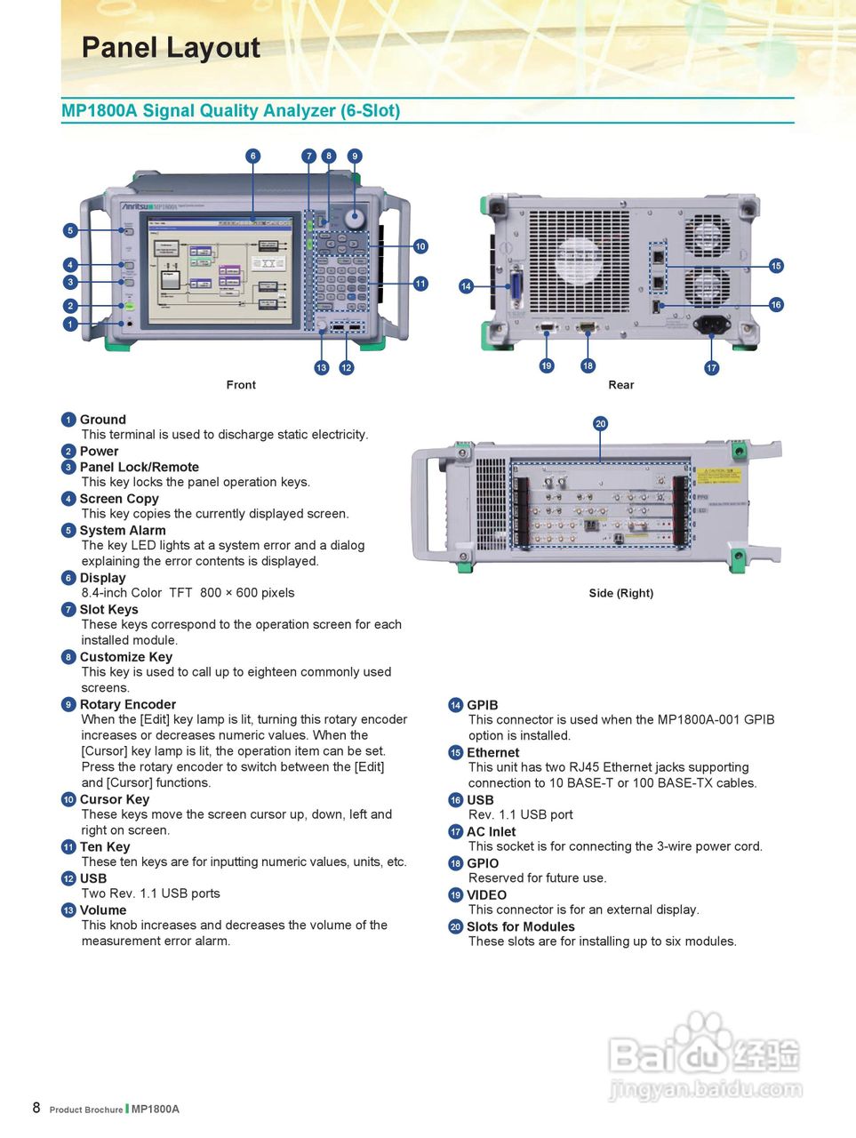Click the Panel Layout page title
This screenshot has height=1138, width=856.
pos(171,48)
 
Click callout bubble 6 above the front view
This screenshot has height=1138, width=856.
pos(253,156)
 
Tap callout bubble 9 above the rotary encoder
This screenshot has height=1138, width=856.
pos(355,156)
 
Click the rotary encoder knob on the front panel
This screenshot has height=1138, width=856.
pos(355,218)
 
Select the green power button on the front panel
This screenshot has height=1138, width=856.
pos(130,306)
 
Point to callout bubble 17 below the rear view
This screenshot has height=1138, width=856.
pos(711,368)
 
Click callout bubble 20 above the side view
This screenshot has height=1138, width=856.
pos(600,424)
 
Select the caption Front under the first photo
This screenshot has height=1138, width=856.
pos(241,385)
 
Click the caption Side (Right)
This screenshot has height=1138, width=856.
pos(620,593)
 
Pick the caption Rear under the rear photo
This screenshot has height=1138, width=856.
pos(620,385)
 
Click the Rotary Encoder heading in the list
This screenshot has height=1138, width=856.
pos(128,704)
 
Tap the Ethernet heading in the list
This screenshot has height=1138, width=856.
pos(493,752)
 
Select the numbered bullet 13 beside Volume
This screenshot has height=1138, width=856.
pos(68,910)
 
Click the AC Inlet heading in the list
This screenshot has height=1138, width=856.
pos(492,831)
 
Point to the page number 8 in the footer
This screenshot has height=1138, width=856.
pos(36,1107)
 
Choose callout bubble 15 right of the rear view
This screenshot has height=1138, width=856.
pos(776,266)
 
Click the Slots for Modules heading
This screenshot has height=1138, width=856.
pos(521,926)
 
